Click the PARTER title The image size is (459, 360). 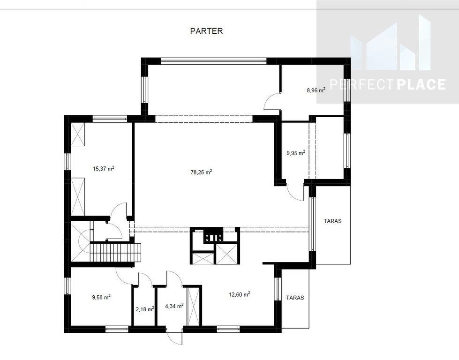(x=206, y=31)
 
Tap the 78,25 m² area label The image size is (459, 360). (x=201, y=172)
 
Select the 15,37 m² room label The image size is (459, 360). (x=103, y=168)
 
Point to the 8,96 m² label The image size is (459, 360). (x=316, y=90)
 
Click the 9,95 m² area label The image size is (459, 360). (x=296, y=152)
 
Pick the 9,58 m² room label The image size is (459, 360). (x=101, y=297)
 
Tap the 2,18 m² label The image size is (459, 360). (x=145, y=309)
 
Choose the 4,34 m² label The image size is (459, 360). (x=174, y=306)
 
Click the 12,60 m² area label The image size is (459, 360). (x=240, y=294)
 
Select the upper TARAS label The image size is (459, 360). (x=332, y=221)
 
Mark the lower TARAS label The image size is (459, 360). (x=295, y=298)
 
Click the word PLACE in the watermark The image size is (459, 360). (x=421, y=84)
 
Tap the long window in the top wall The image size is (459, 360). (x=213, y=61)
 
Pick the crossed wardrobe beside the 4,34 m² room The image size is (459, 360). (x=193, y=306)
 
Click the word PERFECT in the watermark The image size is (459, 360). (x=362, y=84)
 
